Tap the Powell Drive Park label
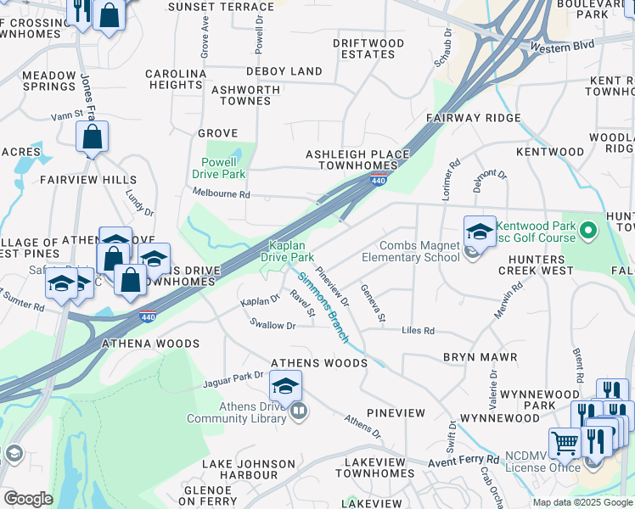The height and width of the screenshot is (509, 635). (x=223, y=168)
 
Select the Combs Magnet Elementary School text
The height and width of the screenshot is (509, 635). (x=411, y=251)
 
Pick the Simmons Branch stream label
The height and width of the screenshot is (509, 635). (x=323, y=306)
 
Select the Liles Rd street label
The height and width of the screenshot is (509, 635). (x=418, y=330)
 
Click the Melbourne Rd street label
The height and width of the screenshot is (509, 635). (x=221, y=194)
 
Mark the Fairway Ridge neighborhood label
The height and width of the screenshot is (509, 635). (x=474, y=118)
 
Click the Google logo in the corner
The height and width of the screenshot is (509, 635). (x=28, y=499)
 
